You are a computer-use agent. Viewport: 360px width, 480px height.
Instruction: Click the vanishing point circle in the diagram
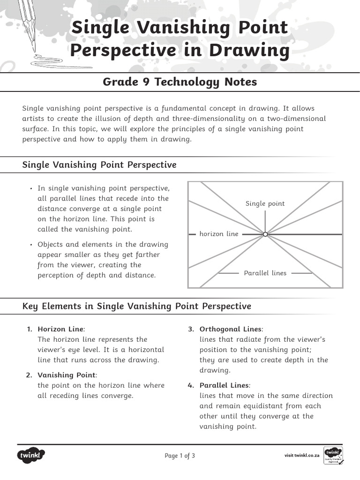click(x=265, y=234)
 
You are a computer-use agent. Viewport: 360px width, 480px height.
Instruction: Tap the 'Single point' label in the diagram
click(x=265, y=203)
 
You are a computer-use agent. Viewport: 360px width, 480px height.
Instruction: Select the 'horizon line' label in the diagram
click(x=219, y=234)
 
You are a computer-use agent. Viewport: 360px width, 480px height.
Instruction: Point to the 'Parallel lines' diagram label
click(x=265, y=273)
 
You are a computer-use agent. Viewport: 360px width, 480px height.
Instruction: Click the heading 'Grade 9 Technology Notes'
click(x=180, y=82)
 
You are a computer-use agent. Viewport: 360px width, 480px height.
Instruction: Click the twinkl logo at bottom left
click(x=31, y=455)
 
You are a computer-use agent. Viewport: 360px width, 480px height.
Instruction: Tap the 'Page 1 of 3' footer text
click(x=180, y=456)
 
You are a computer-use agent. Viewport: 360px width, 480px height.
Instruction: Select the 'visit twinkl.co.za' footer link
click(x=302, y=456)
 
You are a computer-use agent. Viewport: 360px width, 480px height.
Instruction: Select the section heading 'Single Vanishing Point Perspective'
click(x=99, y=165)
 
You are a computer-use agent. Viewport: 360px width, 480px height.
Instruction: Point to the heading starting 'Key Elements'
click(x=137, y=306)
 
